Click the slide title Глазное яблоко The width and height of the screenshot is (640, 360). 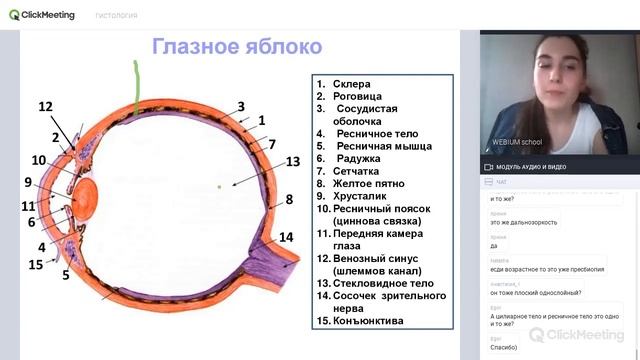(236, 47)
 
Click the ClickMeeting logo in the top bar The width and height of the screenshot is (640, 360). (45, 14)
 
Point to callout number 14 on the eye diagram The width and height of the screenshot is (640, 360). (286, 237)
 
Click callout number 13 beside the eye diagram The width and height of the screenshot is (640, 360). (292, 161)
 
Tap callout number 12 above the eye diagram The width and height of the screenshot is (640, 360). (45, 107)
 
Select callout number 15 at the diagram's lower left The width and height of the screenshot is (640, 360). (36, 265)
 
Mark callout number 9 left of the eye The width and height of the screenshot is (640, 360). (29, 182)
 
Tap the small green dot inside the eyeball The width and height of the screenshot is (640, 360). (219, 186)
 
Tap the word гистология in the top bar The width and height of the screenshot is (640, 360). (116, 15)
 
